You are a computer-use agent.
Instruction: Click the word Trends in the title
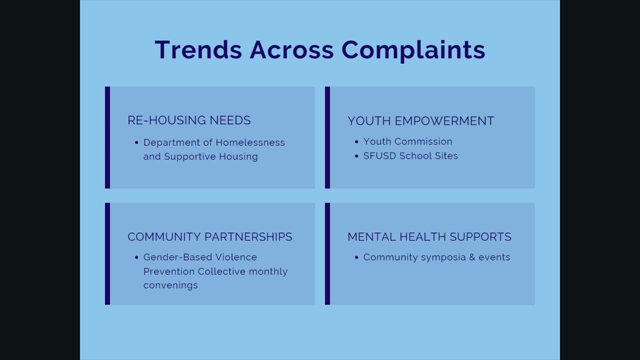(198, 50)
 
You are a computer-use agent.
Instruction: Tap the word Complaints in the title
(413, 50)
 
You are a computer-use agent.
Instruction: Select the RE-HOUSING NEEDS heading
(189, 120)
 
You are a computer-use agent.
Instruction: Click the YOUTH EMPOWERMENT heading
(420, 121)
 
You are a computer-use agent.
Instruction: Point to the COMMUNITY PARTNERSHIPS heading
(209, 237)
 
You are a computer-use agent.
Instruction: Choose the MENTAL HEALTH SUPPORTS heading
(429, 237)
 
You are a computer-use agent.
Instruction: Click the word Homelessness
(250, 142)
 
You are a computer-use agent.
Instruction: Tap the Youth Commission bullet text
(407, 141)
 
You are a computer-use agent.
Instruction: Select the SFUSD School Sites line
(410, 156)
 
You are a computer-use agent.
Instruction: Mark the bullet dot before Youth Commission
(356, 142)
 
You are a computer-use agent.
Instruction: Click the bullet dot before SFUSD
(356, 156)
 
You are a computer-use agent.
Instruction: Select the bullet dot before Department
(136, 143)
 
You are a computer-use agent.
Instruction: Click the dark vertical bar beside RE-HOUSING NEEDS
(107, 137)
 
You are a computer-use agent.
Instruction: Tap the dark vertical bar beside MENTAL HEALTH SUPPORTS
(327, 253)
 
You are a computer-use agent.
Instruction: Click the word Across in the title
(291, 50)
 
